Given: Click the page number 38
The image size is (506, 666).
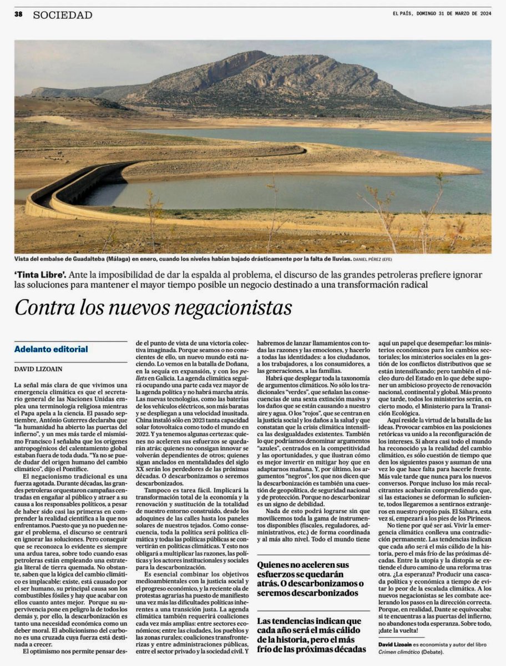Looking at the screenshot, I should pyautogui.click(x=18, y=15).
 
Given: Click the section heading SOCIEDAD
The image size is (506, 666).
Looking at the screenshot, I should pyautogui.click(x=63, y=15).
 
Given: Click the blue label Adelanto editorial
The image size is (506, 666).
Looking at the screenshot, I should pyautogui.click(x=51, y=349).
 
